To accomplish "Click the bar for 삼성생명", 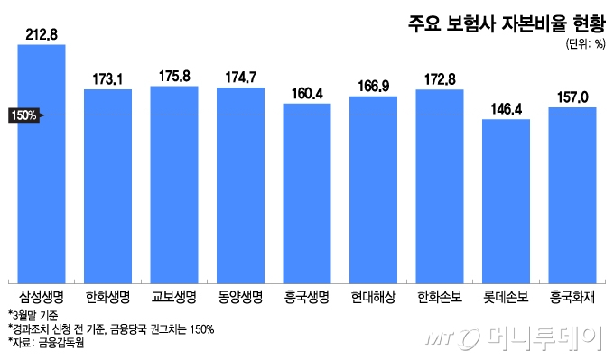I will pyautogui.click(x=42, y=162).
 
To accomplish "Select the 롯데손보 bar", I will pyautogui.click(x=506, y=199).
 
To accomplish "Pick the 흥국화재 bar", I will pyautogui.click(x=572, y=193).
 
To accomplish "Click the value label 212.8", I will pyautogui.click(x=42, y=35).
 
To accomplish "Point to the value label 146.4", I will pyautogui.click(x=506, y=109).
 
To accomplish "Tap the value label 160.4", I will pyautogui.click(x=307, y=93).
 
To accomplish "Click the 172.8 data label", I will pyautogui.click(x=440, y=79).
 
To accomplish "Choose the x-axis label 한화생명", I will pyautogui.click(x=107, y=295).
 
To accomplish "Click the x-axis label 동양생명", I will pyautogui.click(x=240, y=295).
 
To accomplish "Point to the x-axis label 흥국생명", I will pyautogui.click(x=307, y=295).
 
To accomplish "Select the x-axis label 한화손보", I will pyautogui.click(x=440, y=295).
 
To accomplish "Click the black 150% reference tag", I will pyautogui.click(x=24, y=115).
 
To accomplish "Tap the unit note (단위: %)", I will pyautogui.click(x=585, y=43).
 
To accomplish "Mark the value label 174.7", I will pyautogui.click(x=240, y=78).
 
